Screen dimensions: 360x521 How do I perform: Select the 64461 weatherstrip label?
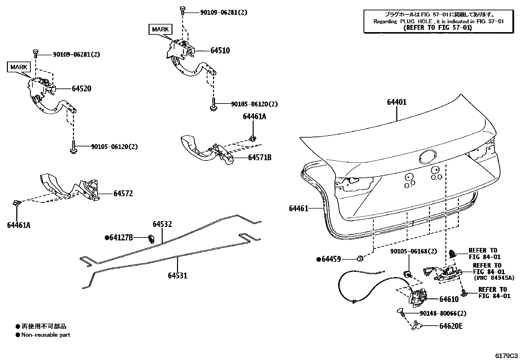pyautogui.click(x=298, y=208)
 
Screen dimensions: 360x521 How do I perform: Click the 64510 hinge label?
pyautogui.click(x=220, y=50)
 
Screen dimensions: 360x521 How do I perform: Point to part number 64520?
pyautogui.click(x=81, y=88)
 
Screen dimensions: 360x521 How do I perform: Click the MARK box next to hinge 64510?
pyautogui.click(x=160, y=29)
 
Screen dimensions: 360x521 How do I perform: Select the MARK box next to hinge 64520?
pyautogui.click(x=19, y=67)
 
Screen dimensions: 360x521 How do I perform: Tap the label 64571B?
pyautogui.click(x=260, y=158)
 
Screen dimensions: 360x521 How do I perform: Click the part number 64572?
pyautogui.click(x=123, y=194)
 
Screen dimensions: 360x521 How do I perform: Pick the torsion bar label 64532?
pyautogui.click(x=162, y=224)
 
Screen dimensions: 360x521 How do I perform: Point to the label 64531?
pyautogui.click(x=177, y=275)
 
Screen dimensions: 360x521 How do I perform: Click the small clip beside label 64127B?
pyautogui.click(x=152, y=238)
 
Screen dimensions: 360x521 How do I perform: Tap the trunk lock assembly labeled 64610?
pyautogui.click(x=417, y=296)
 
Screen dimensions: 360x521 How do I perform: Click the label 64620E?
pyautogui.click(x=451, y=326)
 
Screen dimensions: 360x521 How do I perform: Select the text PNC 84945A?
pyautogui.click(x=494, y=278)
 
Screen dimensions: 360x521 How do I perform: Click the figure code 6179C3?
pyautogui.click(x=506, y=355)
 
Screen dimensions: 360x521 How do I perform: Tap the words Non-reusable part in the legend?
pyautogui.click(x=45, y=335)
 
